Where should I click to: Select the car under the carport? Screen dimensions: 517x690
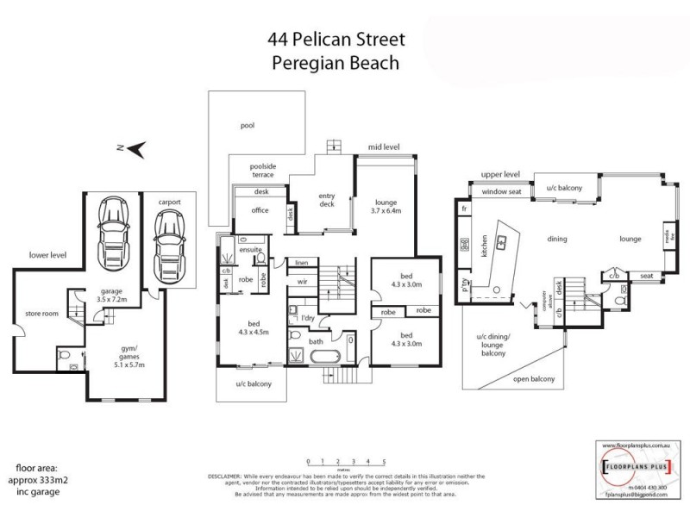pos(168,234)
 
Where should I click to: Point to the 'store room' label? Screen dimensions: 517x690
pos(41,313)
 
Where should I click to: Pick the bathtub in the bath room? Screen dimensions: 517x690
pos(325,354)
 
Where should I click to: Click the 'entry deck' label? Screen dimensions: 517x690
pos(325,200)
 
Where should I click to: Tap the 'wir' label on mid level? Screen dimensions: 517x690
pos(302,281)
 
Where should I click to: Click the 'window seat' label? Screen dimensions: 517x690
pos(501,191)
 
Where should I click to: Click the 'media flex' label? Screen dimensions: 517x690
pos(668,235)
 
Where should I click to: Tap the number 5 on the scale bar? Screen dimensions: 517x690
pos(384,462)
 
